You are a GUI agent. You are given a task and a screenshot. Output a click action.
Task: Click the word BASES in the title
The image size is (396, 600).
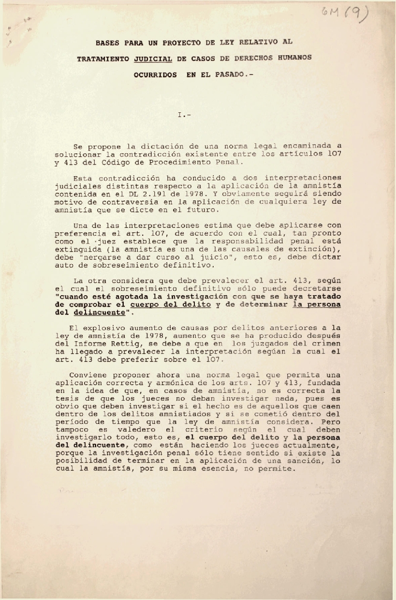[x=108, y=42]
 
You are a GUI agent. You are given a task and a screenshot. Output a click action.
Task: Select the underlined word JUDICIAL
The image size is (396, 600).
[x=153, y=58]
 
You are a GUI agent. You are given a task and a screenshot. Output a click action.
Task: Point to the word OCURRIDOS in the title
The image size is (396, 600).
[x=155, y=75]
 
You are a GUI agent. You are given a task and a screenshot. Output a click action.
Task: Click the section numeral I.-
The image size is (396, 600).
[x=184, y=115]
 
